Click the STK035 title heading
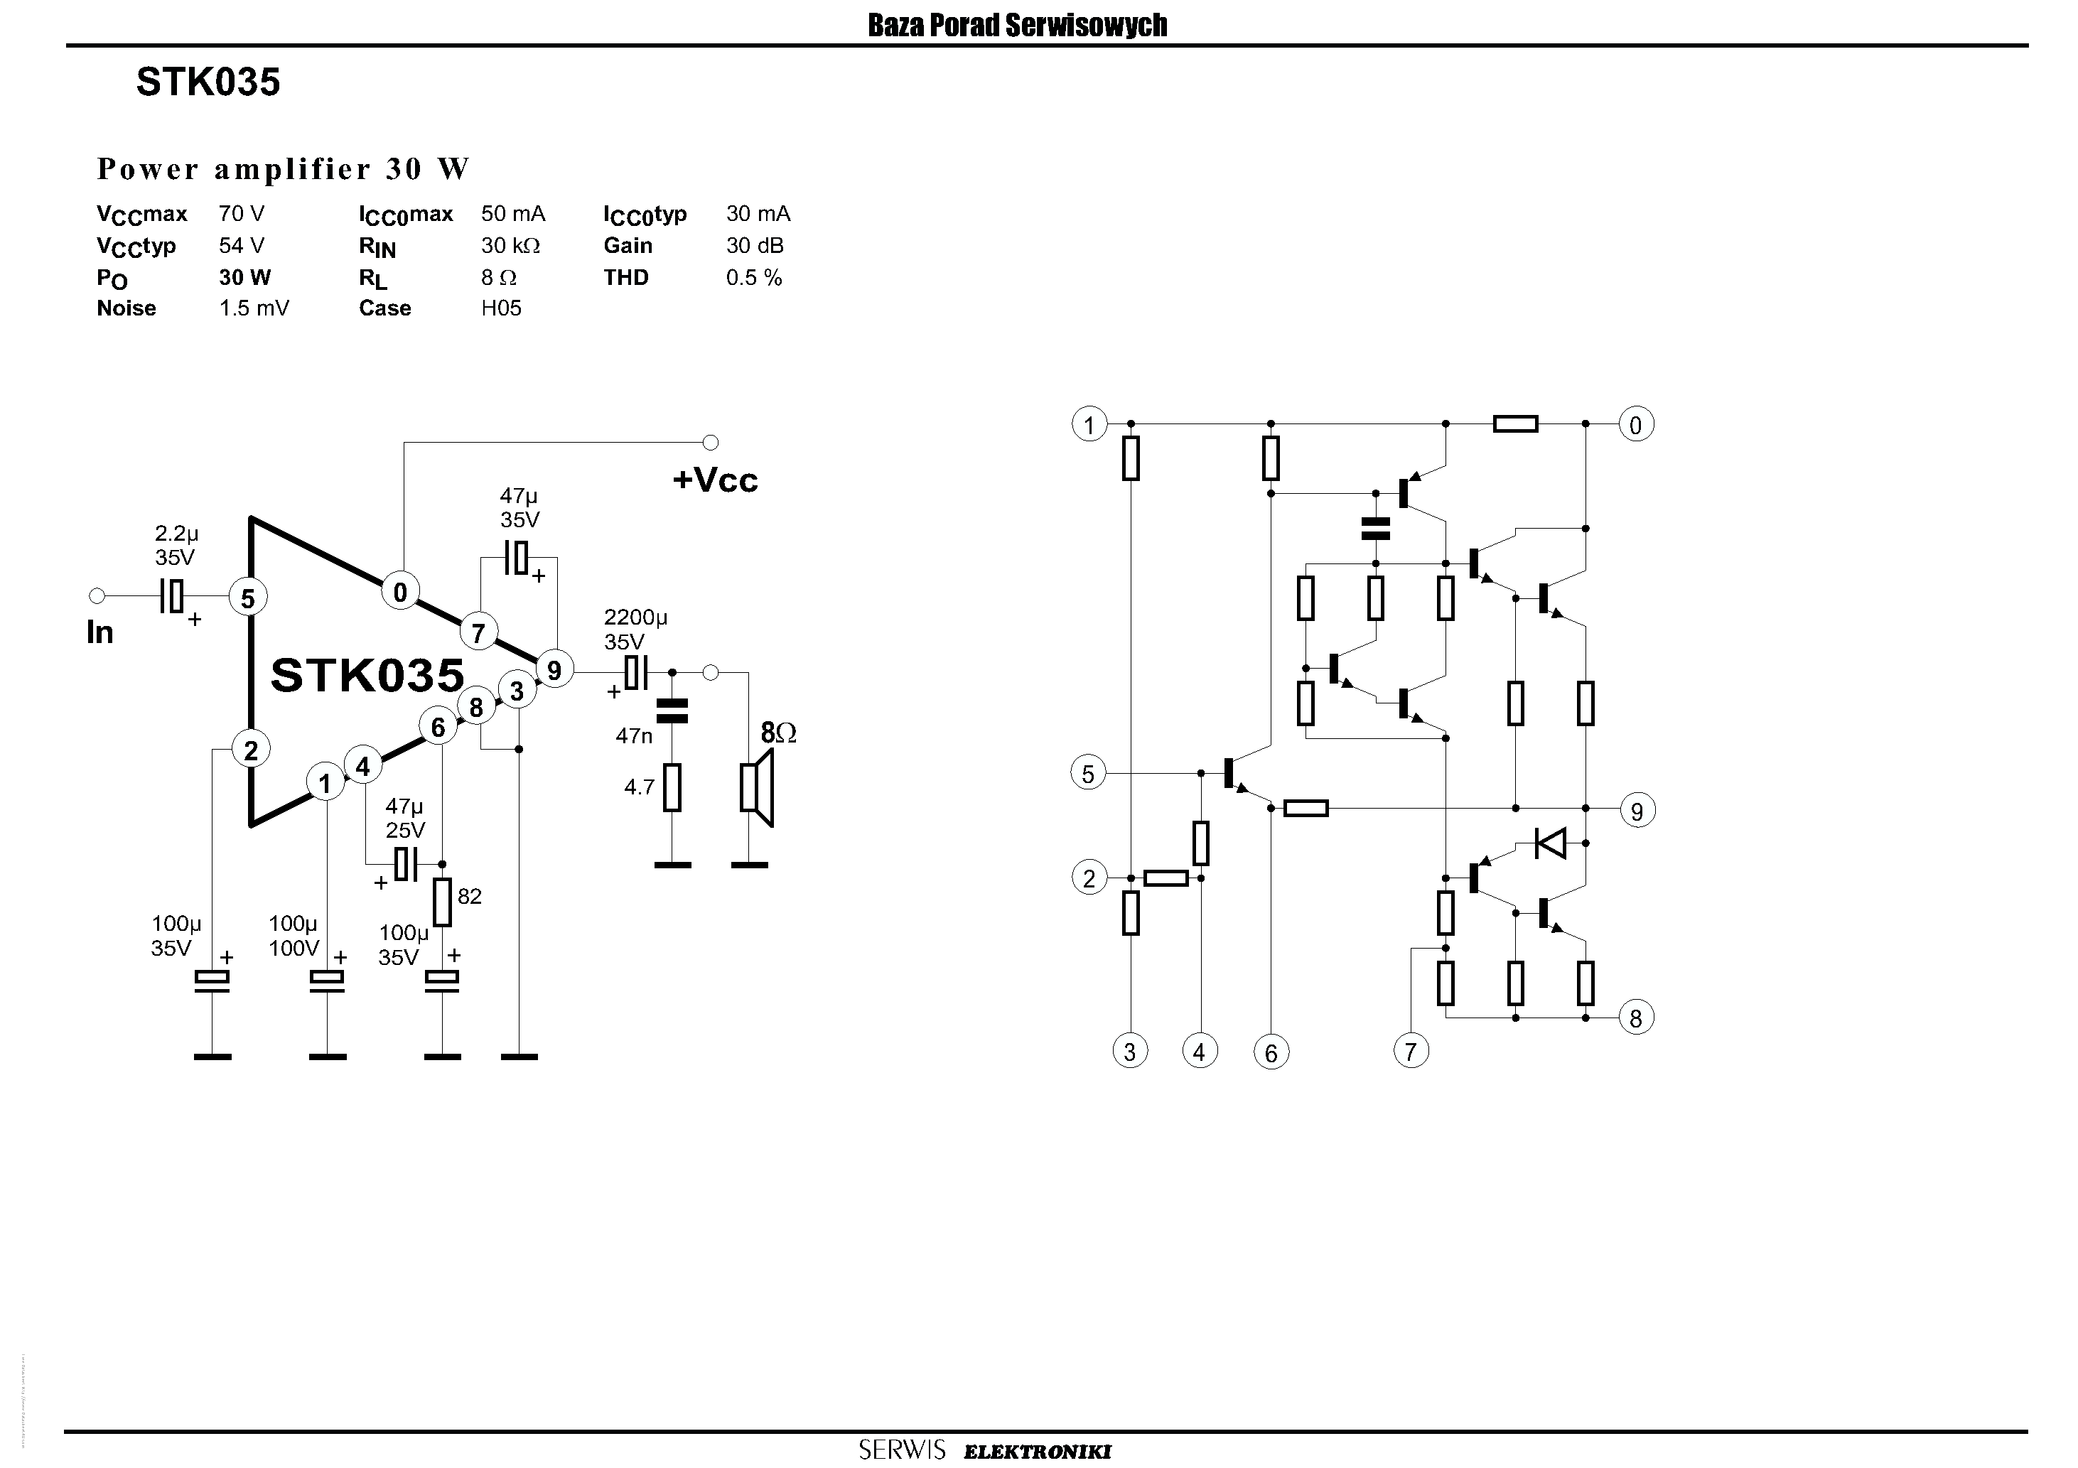tap(208, 82)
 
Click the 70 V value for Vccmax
tap(241, 214)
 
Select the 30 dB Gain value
tap(754, 245)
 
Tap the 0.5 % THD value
tap(753, 277)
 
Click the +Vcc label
tap(715, 480)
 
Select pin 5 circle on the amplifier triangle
tap(248, 598)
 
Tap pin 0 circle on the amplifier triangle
tap(400, 592)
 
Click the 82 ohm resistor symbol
tap(441, 902)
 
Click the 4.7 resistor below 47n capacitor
tap(672, 787)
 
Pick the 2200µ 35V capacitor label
tap(635, 629)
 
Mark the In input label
tap(99, 632)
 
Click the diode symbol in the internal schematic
tap(1551, 843)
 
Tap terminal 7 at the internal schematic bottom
tap(1410, 1052)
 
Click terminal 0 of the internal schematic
tap(1635, 424)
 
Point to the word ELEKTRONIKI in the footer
tap(1037, 1452)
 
